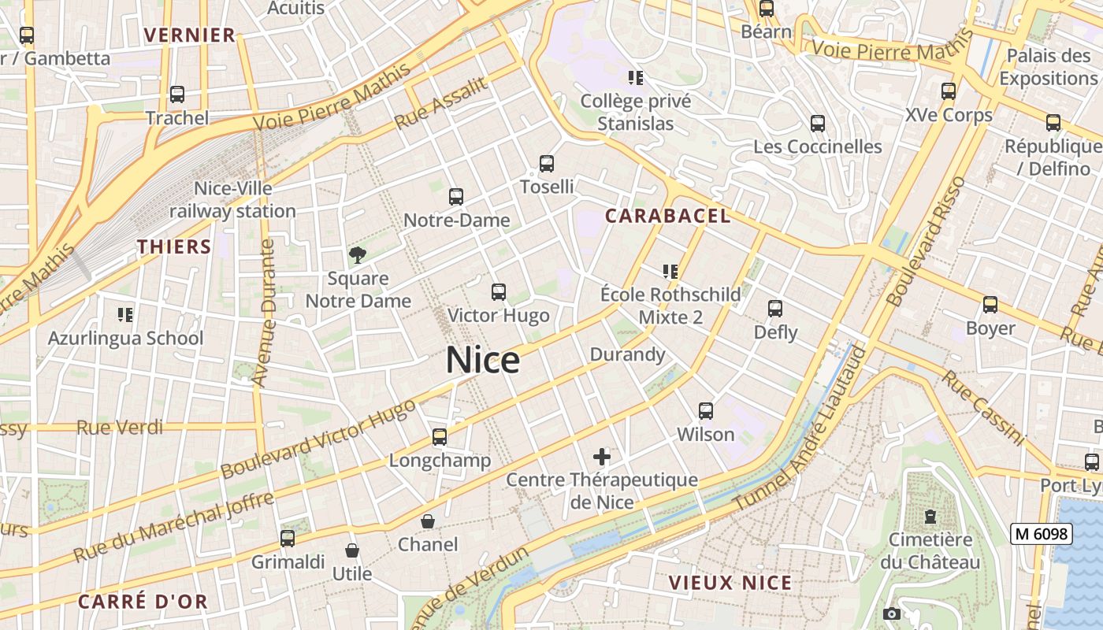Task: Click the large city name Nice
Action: click(x=483, y=360)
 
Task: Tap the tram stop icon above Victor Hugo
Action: click(x=498, y=292)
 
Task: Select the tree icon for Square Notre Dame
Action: click(x=358, y=254)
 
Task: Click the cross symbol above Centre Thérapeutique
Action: click(x=602, y=456)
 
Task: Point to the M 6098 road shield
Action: click(x=1042, y=534)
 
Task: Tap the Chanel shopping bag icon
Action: click(x=427, y=521)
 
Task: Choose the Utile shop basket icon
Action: click(x=352, y=550)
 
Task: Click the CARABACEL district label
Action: click(x=668, y=216)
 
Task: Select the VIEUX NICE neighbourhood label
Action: click(x=730, y=583)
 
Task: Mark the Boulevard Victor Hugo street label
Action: click(x=318, y=439)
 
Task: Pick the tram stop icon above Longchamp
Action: click(x=440, y=436)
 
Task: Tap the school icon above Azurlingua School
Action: click(x=124, y=315)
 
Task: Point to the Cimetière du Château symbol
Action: click(x=930, y=517)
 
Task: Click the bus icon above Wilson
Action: click(x=706, y=410)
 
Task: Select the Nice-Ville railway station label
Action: click(x=232, y=200)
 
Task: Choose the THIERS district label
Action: click(x=174, y=246)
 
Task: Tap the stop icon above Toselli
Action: click(x=547, y=164)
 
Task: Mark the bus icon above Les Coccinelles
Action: click(x=818, y=124)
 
